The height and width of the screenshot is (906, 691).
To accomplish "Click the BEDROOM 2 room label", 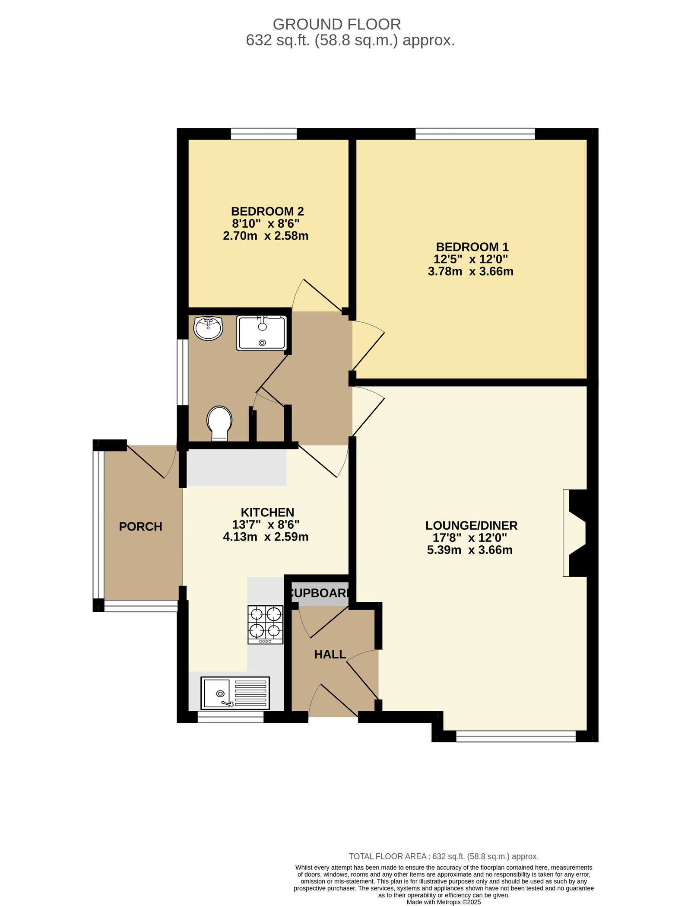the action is (267, 211).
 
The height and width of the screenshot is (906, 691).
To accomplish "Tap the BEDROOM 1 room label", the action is (472, 247).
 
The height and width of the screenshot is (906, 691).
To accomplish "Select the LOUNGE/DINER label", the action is (471, 525).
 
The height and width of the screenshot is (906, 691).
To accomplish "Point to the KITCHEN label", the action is (267, 512).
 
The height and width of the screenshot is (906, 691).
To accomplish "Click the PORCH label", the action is (140, 527).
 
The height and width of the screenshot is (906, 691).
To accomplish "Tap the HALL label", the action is (330, 655).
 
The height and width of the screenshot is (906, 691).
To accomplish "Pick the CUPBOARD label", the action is (320, 593).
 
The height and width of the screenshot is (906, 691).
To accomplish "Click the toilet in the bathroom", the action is (219, 423).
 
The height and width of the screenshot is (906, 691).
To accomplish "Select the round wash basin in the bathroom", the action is (208, 328).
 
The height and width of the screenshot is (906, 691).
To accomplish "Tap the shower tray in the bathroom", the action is (261, 333).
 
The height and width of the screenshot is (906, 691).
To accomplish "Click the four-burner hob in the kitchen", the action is (265, 625).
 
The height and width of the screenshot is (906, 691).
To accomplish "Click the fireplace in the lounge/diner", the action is (574, 533).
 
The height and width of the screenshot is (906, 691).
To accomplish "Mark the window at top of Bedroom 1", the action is (475, 134).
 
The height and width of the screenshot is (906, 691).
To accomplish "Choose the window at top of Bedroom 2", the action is (264, 134).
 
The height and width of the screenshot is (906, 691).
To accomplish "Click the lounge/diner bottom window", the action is (516, 736).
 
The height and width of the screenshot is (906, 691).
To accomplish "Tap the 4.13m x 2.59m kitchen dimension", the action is (266, 537).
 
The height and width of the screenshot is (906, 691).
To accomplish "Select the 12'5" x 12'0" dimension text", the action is (471, 259).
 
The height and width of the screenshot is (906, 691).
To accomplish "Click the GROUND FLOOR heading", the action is (337, 24).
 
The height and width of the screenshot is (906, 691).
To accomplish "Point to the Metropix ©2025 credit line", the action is (444, 902).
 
